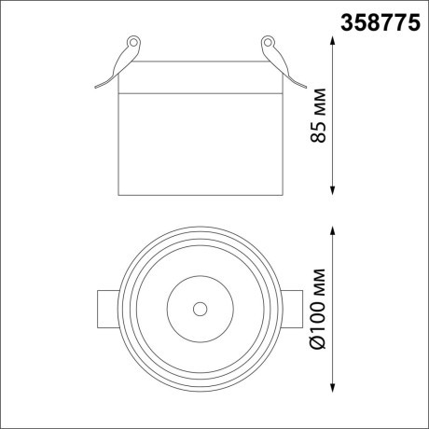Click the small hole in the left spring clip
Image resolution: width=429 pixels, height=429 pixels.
click(133, 43)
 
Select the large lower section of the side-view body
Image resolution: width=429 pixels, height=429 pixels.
click(200, 145)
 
